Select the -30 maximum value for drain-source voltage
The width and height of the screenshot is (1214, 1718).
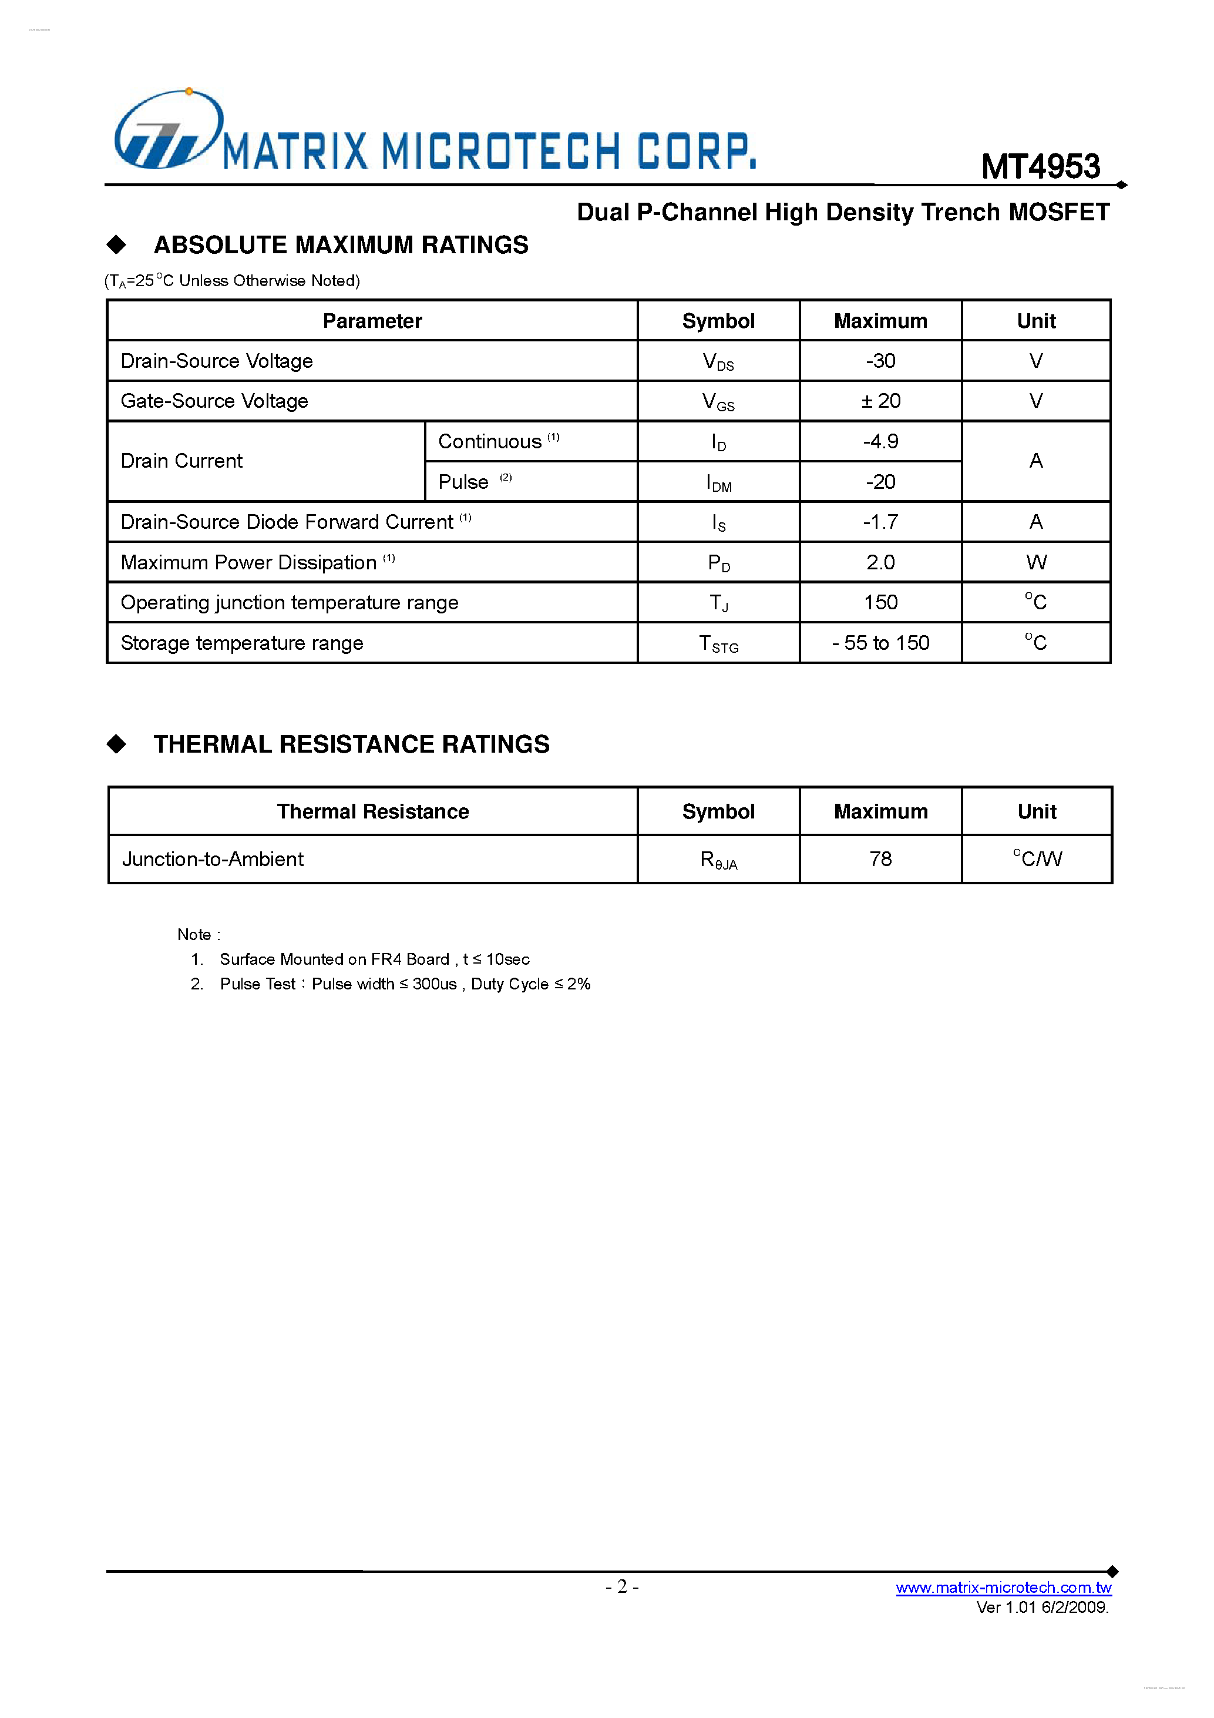click(x=880, y=361)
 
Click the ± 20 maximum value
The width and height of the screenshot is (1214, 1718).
click(x=880, y=401)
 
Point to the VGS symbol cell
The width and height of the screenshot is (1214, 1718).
click(x=718, y=402)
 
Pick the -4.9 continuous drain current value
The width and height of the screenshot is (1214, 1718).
click(x=880, y=441)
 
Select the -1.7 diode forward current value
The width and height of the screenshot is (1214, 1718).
click(x=880, y=522)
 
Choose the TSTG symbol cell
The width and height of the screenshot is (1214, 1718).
click(x=718, y=643)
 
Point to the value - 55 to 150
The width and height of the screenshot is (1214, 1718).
click(x=880, y=643)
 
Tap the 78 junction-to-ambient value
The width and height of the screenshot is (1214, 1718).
click(x=880, y=859)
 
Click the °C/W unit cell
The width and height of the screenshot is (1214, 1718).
click(x=1037, y=858)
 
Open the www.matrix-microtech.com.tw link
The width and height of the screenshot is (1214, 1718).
click(x=1003, y=1587)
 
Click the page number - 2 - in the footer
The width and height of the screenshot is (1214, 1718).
click(x=621, y=1586)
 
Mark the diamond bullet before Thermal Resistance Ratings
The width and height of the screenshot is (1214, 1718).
click(x=117, y=744)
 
